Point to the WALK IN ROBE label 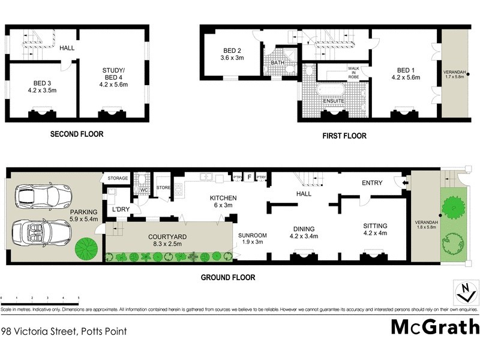click(x=353, y=73)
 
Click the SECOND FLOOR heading click(x=76, y=134)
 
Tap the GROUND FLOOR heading click(x=229, y=277)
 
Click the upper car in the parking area click(x=41, y=195)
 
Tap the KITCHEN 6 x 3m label click(x=223, y=202)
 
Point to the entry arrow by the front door click(x=406, y=184)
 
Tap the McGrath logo click(x=435, y=327)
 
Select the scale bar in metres click(x=40, y=299)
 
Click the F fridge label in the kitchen click(x=249, y=178)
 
